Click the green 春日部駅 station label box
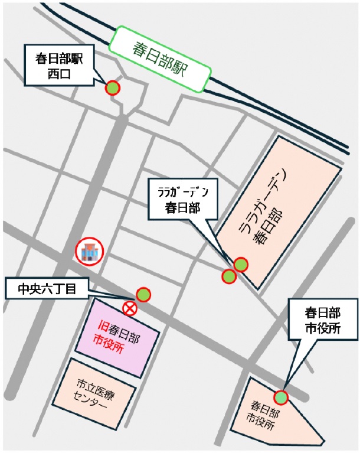tap(159, 58)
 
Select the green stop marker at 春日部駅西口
tap(112, 89)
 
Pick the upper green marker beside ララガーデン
tap(241, 264)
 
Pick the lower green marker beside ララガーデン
tap(229, 276)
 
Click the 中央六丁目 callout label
tap(46, 289)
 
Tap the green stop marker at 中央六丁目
tap(143, 295)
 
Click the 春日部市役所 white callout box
tap(323, 320)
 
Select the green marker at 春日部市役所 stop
tap(281, 398)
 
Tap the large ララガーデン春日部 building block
tap(277, 213)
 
